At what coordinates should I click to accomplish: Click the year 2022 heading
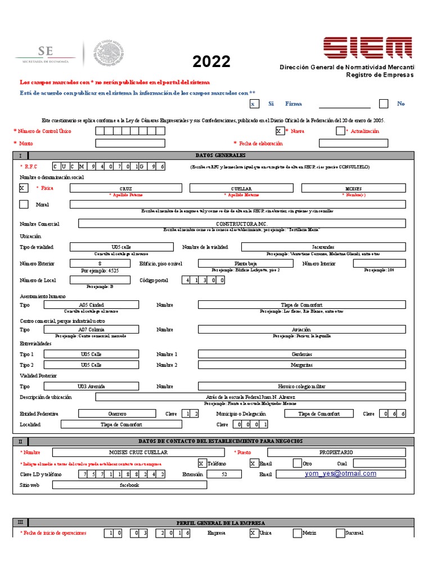tap(211, 61)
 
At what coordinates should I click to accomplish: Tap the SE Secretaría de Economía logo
tap(45, 54)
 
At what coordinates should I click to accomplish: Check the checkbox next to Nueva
tap(280, 131)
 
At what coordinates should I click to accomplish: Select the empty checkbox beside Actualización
tap(340, 131)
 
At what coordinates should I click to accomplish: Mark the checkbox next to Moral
tap(24, 204)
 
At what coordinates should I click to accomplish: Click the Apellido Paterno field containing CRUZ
tap(126, 188)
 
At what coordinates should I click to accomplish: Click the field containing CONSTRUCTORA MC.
tap(241, 223)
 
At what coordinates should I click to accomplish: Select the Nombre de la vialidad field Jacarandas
tap(323, 247)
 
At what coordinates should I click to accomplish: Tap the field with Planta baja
tap(245, 263)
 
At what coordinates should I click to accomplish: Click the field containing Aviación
tap(301, 330)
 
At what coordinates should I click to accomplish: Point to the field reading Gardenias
tap(301, 354)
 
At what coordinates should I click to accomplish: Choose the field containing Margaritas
tap(301, 365)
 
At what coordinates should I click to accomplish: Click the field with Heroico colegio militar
tap(301, 386)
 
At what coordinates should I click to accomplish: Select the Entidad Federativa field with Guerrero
tap(118, 413)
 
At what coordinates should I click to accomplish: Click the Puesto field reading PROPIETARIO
tap(336, 452)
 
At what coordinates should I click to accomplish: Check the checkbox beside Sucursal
tap(340, 533)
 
